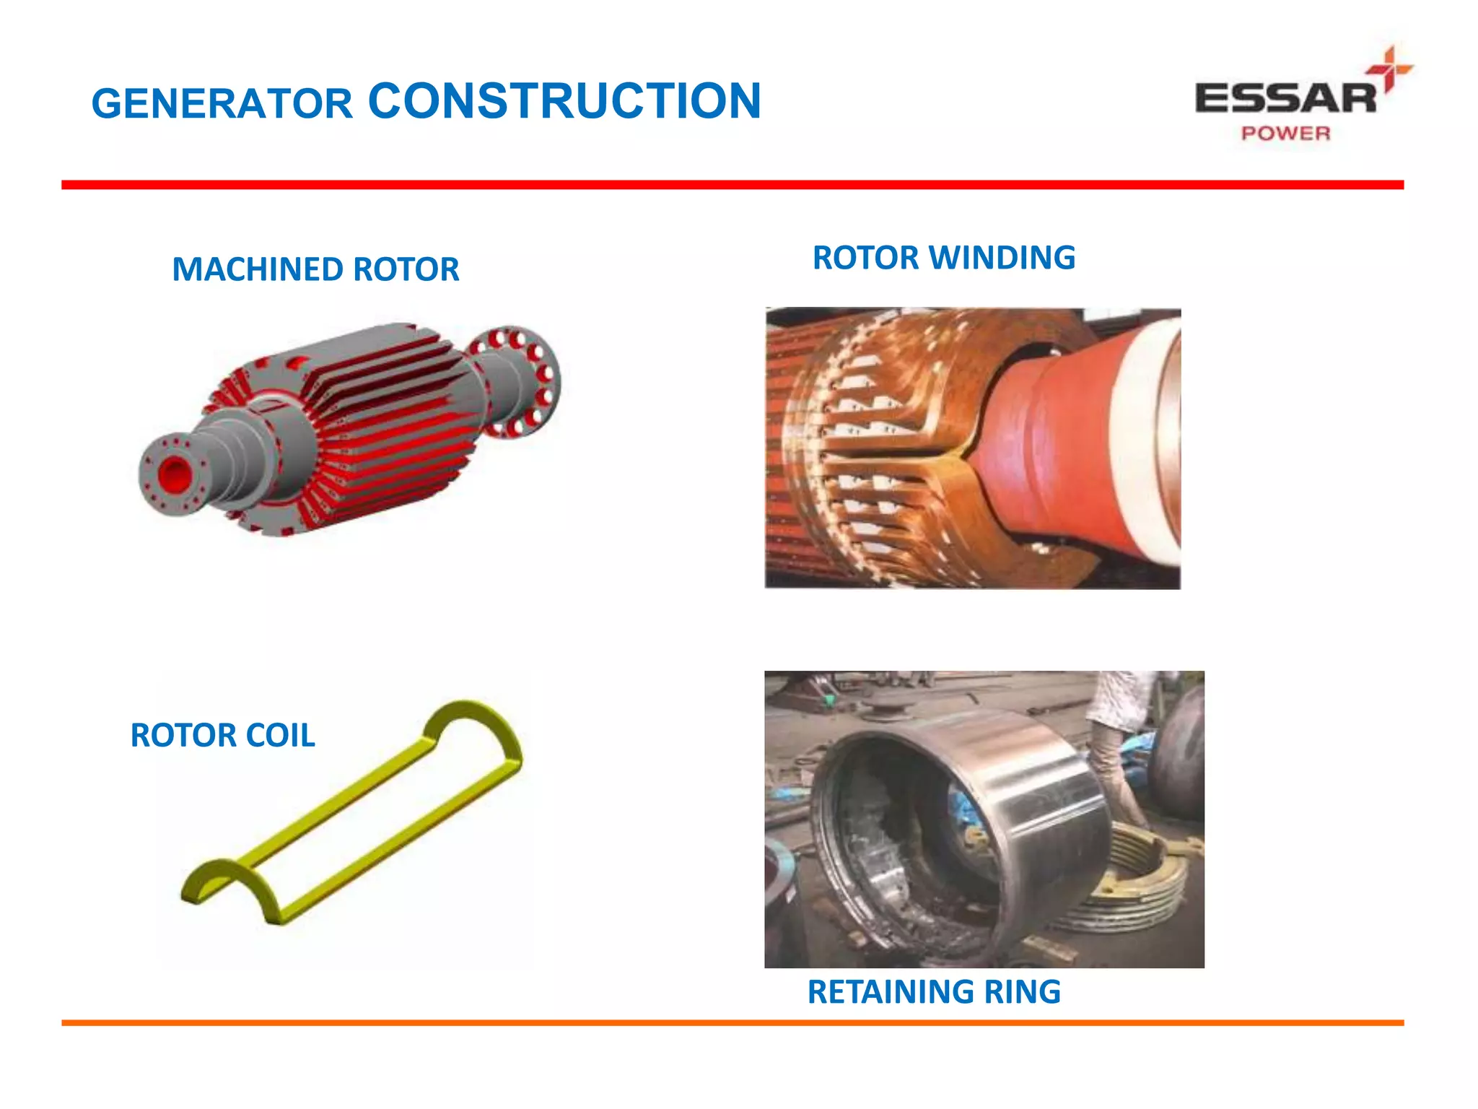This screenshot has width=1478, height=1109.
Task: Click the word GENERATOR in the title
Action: pyautogui.click(x=222, y=104)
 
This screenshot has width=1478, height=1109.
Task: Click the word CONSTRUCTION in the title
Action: pyautogui.click(x=564, y=100)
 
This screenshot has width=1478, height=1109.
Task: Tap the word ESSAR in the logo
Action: pyautogui.click(x=1285, y=99)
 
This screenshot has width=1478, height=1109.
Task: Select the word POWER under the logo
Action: pyautogui.click(x=1285, y=134)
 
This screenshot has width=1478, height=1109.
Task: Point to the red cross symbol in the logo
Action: pyautogui.click(x=1389, y=69)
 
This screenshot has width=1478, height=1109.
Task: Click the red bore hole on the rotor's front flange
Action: pyautogui.click(x=173, y=474)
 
